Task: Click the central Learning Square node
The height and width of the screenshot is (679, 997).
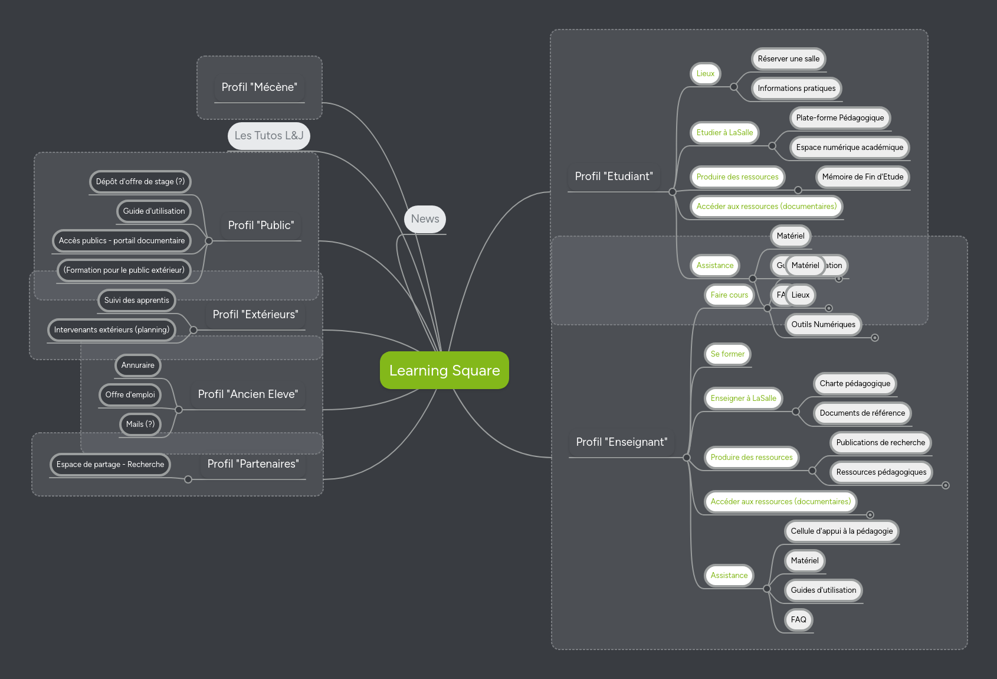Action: click(x=444, y=370)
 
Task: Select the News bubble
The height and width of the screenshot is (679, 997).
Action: click(x=425, y=219)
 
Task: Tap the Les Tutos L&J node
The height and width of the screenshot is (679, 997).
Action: click(x=268, y=136)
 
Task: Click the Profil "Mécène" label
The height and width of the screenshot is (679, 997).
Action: click(x=259, y=87)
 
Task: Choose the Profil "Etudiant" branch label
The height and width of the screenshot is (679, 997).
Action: click(x=614, y=177)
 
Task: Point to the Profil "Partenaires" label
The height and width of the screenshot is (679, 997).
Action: click(x=253, y=464)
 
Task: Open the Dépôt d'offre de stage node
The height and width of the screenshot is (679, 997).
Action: click(x=140, y=182)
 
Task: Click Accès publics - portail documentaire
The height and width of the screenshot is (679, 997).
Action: click(x=122, y=241)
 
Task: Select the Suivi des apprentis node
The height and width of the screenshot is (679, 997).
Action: click(x=136, y=301)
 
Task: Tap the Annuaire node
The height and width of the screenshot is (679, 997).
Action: click(x=137, y=365)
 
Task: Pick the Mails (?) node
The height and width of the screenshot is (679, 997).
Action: click(x=140, y=425)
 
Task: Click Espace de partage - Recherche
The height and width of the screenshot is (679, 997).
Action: click(x=110, y=465)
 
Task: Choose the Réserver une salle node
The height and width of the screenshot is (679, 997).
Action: click(x=788, y=59)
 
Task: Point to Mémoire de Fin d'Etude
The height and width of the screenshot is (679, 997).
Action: click(x=862, y=177)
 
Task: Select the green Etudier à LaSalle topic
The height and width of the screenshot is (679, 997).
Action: click(x=724, y=133)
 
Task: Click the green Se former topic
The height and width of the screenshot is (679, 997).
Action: click(x=727, y=354)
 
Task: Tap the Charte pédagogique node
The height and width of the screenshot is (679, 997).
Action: click(x=855, y=384)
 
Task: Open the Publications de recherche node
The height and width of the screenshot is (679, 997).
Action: click(x=880, y=443)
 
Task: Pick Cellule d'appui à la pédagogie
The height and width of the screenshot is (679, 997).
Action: click(x=841, y=531)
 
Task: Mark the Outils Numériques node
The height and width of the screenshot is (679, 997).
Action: click(x=823, y=325)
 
